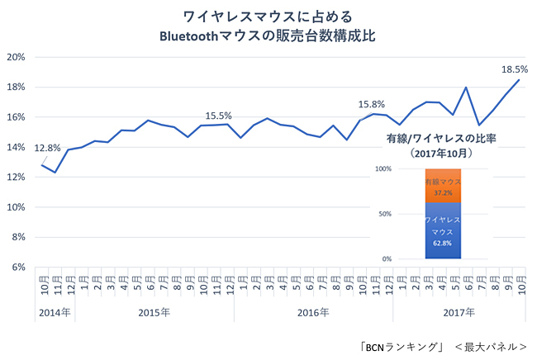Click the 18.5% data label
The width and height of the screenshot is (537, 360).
(x=515, y=69)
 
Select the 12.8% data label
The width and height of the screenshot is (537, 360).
(x=47, y=148)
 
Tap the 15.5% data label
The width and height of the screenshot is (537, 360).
(x=219, y=116)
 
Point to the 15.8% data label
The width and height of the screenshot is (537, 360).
(x=371, y=105)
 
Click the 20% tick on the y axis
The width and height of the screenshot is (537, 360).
(x=16, y=57)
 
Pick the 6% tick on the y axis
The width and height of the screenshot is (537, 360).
(x=18, y=267)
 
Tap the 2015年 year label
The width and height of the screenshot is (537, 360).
(x=154, y=312)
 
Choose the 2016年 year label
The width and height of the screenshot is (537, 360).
(x=313, y=312)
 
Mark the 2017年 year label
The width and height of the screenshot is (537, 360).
(x=459, y=312)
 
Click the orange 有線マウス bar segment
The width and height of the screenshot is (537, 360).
(x=443, y=186)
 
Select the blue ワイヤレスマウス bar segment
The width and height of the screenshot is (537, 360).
(x=443, y=230)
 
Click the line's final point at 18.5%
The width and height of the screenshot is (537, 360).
(x=519, y=80)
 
